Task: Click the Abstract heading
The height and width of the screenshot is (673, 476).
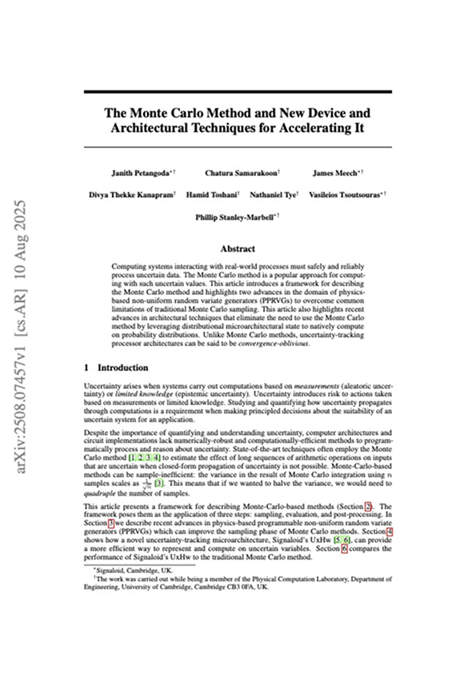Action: coord(238,249)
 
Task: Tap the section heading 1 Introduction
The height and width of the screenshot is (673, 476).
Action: coord(116,368)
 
